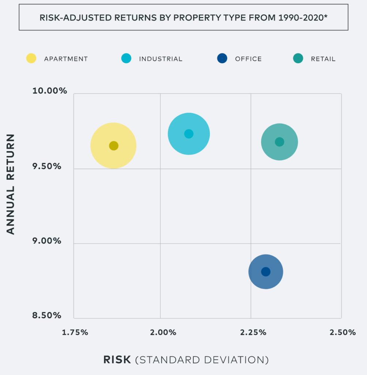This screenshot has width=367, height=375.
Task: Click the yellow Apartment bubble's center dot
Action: (x=114, y=145)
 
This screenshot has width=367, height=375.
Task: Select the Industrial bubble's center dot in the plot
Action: (x=189, y=134)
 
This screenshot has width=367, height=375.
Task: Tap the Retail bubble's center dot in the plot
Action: (x=279, y=142)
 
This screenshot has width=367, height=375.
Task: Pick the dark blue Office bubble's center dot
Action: (x=266, y=272)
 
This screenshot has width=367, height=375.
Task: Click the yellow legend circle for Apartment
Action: (x=31, y=59)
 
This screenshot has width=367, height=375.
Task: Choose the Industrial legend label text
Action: (x=160, y=59)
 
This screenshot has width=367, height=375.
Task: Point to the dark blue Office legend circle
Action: (x=222, y=59)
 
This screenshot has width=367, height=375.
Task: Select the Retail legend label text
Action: (x=323, y=59)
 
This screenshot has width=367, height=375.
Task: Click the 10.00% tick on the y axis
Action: (x=50, y=90)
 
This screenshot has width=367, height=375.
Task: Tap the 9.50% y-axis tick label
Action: (x=47, y=166)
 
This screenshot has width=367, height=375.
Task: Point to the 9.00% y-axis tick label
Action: (x=47, y=241)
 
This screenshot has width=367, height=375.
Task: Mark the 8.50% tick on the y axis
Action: (x=47, y=315)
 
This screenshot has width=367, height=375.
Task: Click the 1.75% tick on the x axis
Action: (x=75, y=333)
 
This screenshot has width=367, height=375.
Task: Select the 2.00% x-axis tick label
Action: (x=163, y=333)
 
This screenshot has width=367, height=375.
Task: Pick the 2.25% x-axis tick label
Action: (x=253, y=333)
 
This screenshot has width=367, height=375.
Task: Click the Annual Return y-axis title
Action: (x=11, y=184)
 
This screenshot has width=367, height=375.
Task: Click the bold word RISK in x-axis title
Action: (x=117, y=360)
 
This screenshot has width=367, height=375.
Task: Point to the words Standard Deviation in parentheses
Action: (x=202, y=360)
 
